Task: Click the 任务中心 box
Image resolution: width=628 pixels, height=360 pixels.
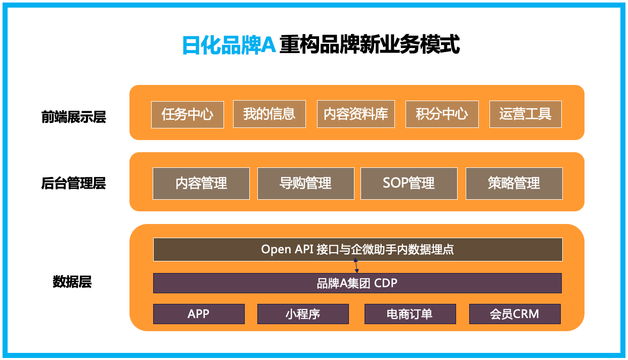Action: tap(188, 115)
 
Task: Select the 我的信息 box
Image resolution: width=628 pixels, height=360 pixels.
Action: tap(270, 114)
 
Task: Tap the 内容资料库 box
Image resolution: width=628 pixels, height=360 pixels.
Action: tap(356, 114)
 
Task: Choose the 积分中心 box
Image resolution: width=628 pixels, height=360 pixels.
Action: tap(442, 114)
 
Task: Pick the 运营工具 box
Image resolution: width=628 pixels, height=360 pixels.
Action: tap(526, 114)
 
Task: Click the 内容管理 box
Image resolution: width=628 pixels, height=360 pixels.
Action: tap(201, 184)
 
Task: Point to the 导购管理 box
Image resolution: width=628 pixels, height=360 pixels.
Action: tap(306, 184)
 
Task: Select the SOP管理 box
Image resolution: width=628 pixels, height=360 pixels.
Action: tap(409, 184)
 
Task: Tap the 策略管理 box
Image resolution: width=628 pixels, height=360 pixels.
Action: tap(514, 184)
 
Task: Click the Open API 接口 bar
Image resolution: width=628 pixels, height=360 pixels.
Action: tap(357, 250)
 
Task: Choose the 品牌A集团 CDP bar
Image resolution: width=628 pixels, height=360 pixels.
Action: tap(357, 283)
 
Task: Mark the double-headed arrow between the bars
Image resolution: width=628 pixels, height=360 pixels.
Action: tap(356, 266)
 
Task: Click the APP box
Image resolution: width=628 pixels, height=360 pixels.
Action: tap(199, 314)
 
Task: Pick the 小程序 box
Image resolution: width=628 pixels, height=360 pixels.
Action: tap(303, 314)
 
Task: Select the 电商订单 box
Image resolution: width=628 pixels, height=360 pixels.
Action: tap(410, 314)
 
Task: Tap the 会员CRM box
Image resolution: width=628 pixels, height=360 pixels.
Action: tap(515, 314)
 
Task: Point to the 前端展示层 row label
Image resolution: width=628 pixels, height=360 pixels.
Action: tap(74, 117)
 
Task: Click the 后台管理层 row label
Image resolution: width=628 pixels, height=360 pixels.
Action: tap(73, 184)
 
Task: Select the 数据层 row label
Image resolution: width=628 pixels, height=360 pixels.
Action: tap(72, 282)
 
